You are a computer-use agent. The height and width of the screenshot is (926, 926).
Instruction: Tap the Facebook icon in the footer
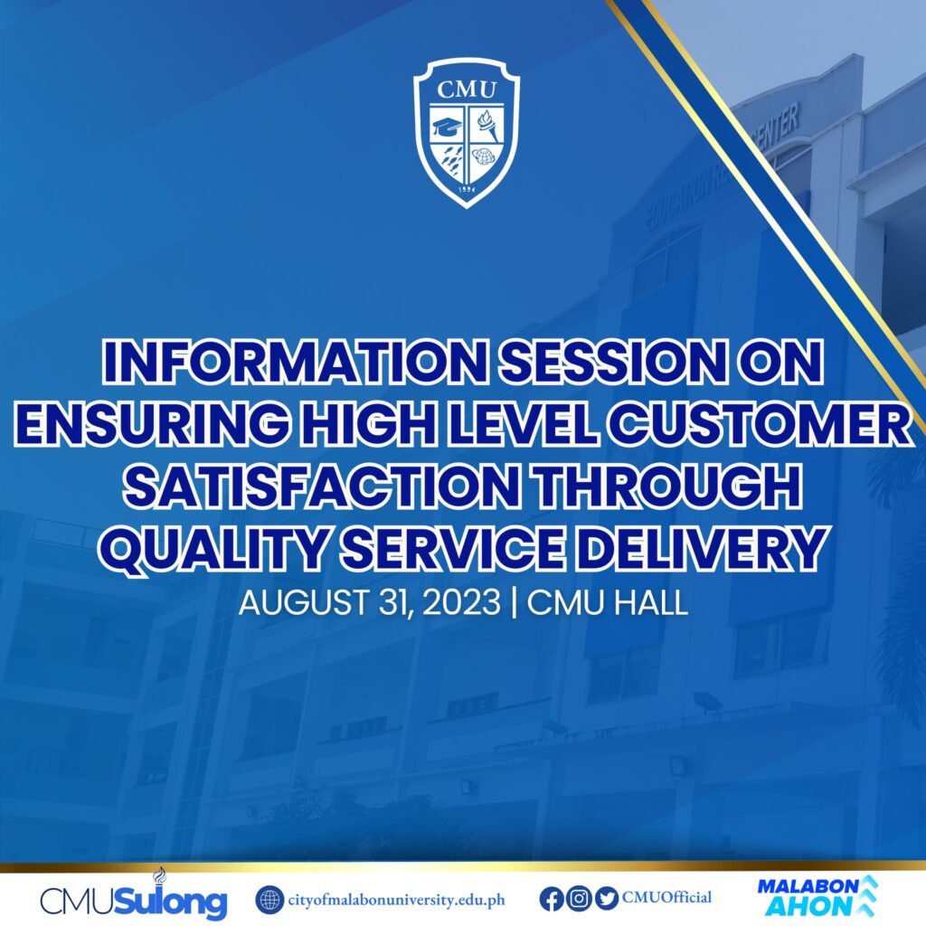click(x=551, y=899)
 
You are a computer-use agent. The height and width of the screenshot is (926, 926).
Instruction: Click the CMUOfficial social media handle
click(x=666, y=898)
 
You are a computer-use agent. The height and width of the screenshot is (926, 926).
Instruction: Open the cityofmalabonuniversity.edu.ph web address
click(x=395, y=900)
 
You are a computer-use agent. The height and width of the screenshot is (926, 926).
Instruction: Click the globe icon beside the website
click(x=269, y=900)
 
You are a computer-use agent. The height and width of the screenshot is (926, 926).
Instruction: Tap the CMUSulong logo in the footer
click(x=133, y=899)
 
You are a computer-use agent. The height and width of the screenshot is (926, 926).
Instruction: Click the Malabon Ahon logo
click(x=817, y=895)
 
